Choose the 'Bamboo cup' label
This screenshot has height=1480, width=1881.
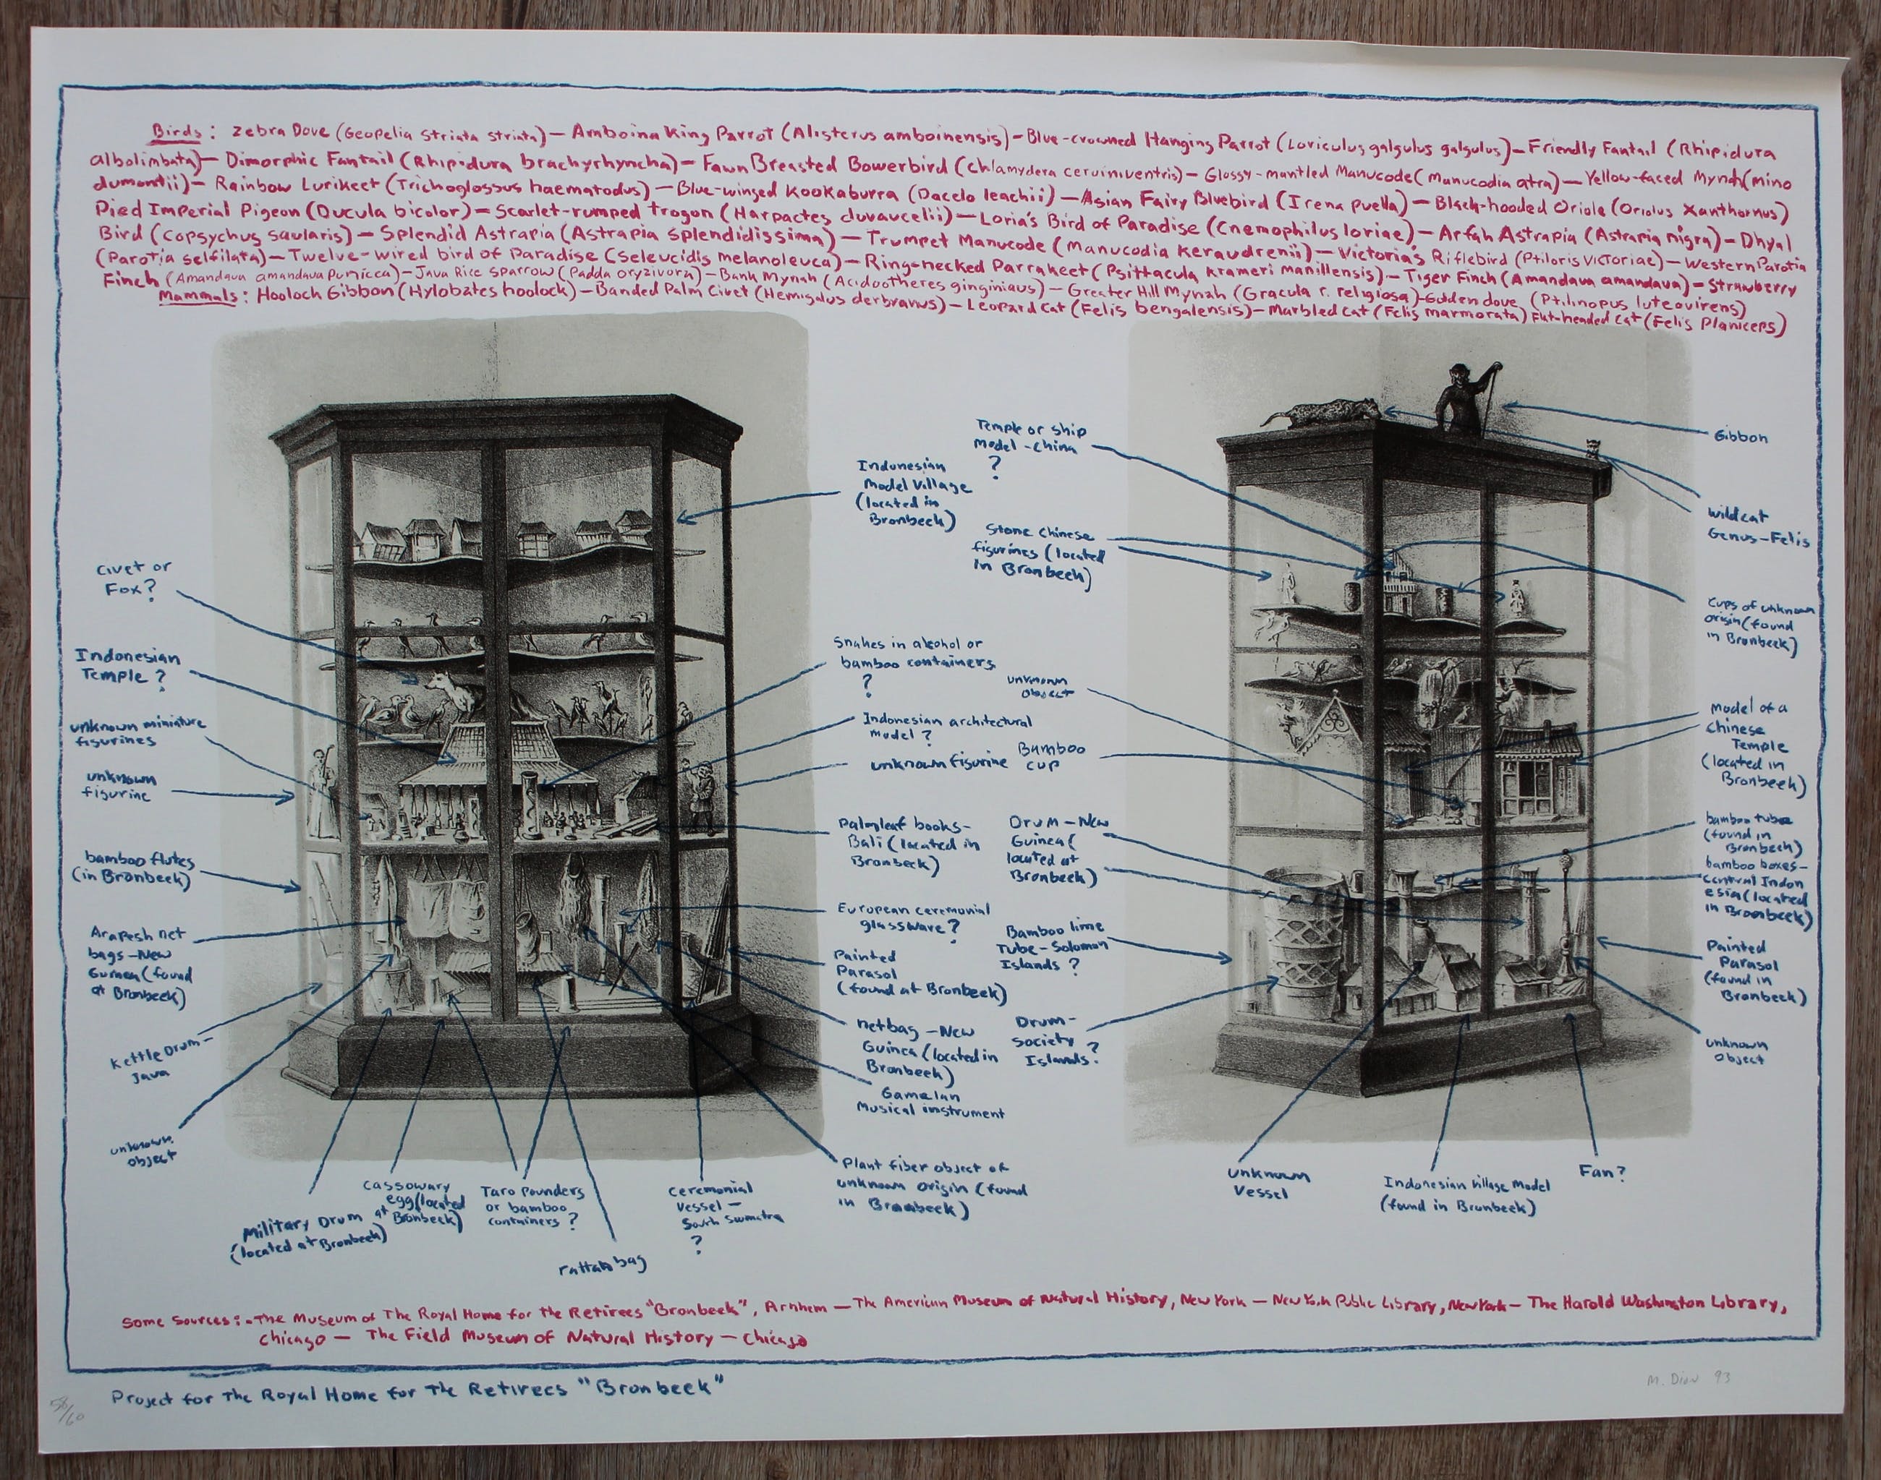[1051, 756]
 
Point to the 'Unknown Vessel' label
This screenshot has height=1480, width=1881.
[1267, 1184]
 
